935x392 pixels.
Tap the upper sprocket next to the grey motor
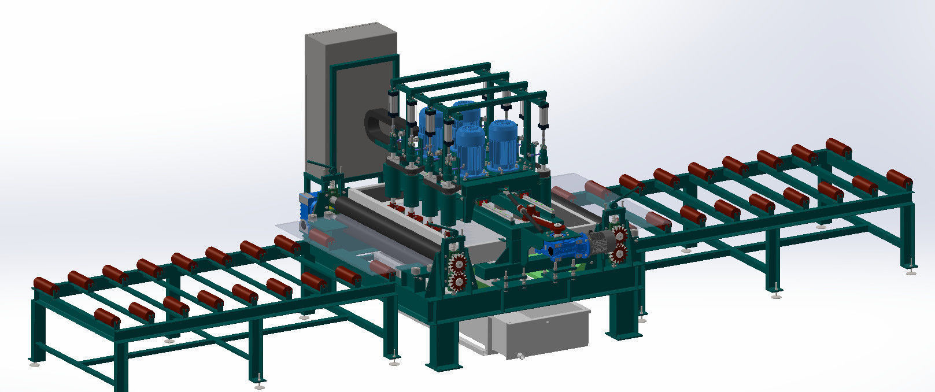620,235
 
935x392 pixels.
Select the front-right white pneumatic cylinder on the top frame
544,121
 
